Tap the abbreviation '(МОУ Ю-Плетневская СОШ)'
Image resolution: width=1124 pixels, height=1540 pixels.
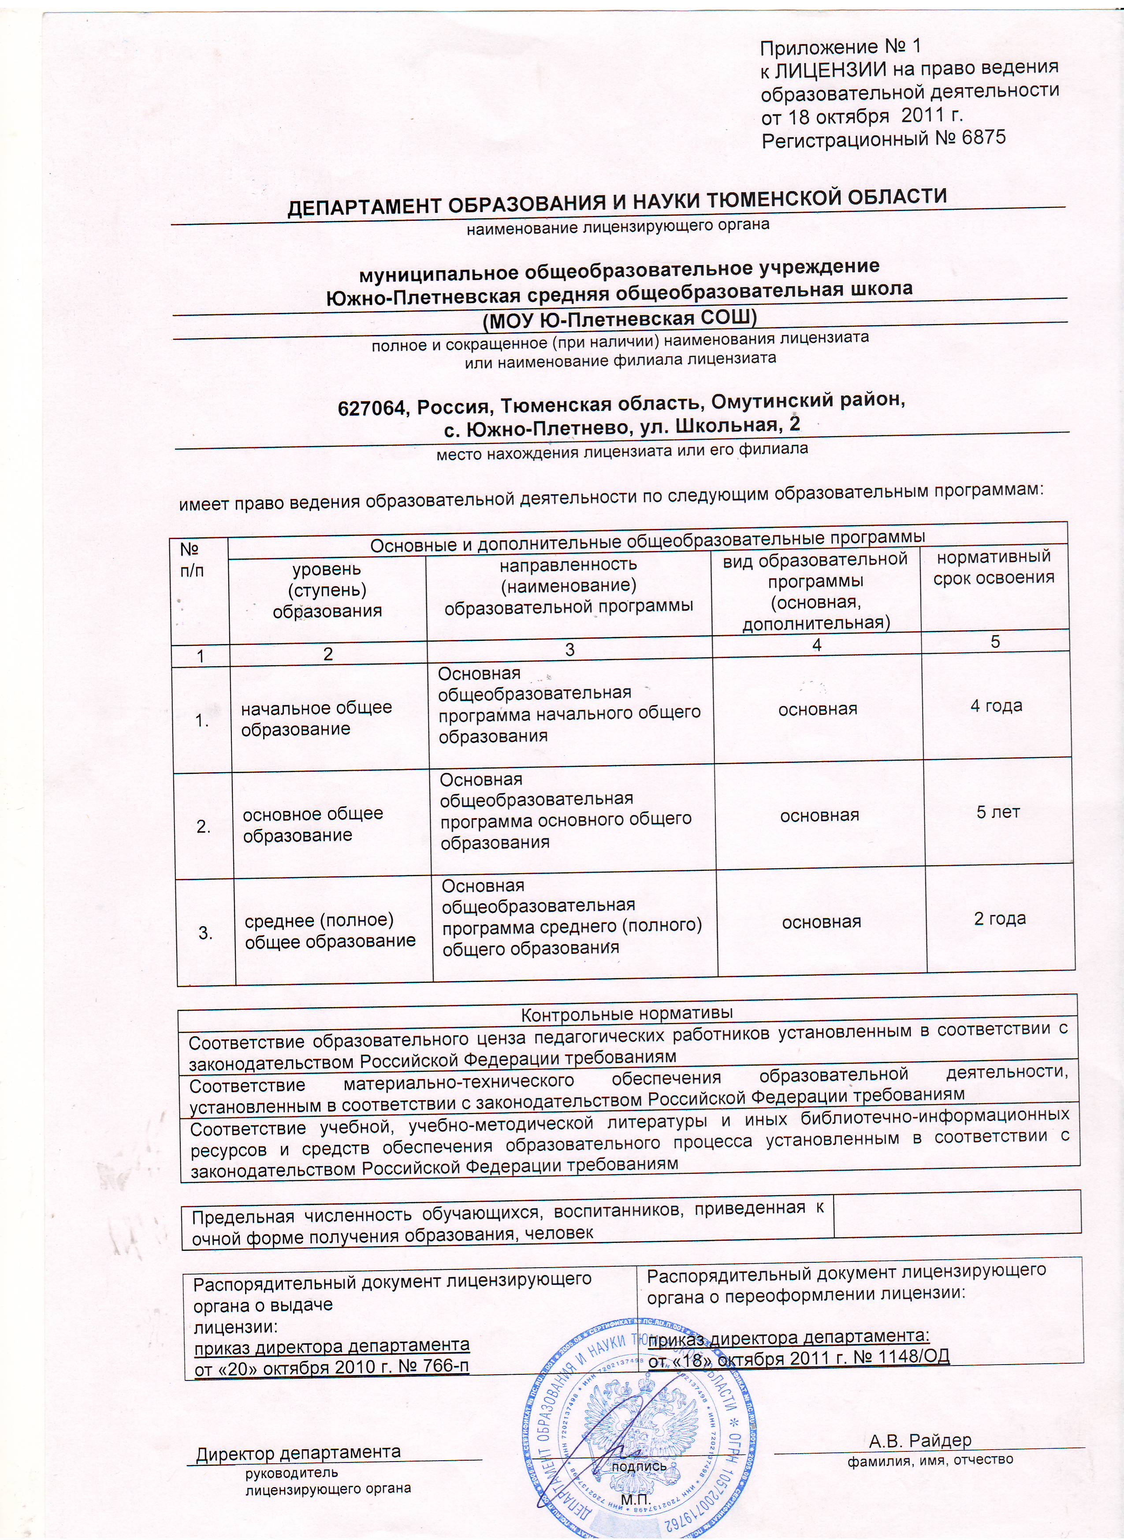[x=619, y=318]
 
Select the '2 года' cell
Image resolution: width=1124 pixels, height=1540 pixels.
[x=1000, y=918]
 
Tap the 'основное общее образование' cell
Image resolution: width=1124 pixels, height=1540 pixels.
[x=313, y=824]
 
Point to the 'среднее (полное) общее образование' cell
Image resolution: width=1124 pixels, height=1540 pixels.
[x=330, y=930]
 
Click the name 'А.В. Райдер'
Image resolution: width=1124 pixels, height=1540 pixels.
[x=920, y=1421]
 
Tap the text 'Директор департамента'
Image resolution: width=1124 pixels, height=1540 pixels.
[x=298, y=1434]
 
